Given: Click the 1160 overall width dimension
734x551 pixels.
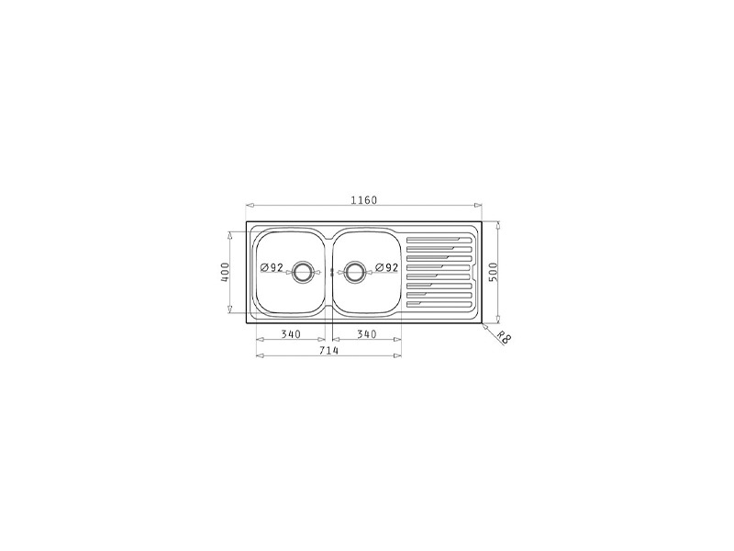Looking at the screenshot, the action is pyautogui.click(x=363, y=200).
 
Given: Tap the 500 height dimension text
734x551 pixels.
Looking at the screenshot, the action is pyautogui.click(x=493, y=272).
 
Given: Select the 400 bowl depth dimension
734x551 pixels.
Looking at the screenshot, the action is pyautogui.click(x=225, y=272).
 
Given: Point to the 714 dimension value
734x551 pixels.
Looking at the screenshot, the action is pyautogui.click(x=328, y=350).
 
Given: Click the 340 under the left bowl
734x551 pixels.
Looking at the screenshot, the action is pyautogui.click(x=291, y=334).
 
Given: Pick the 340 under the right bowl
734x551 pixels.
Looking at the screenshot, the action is pyautogui.click(x=366, y=334).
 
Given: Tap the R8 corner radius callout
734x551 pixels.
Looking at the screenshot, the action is pyautogui.click(x=502, y=337).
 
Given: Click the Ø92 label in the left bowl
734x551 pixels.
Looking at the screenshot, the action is pyautogui.click(x=272, y=267).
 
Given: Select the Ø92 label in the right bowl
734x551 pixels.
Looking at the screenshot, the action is pyautogui.click(x=386, y=267).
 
